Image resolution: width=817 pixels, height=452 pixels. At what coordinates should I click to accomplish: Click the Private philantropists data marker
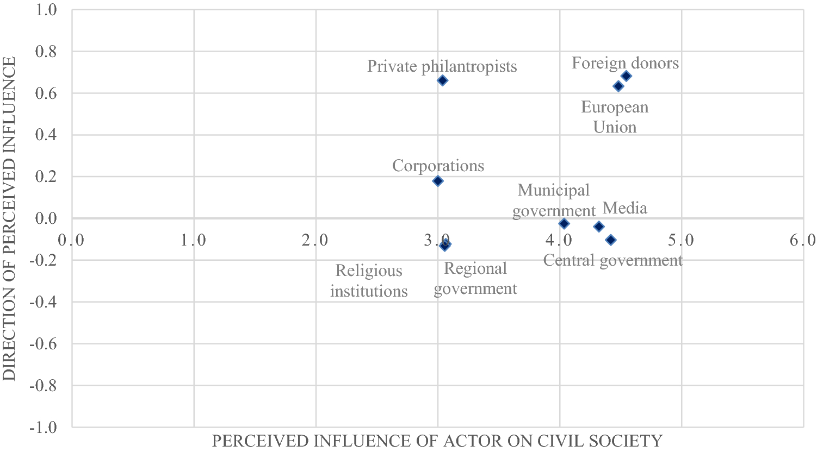(442, 80)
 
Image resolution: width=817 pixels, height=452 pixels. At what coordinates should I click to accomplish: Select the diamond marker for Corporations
(438, 181)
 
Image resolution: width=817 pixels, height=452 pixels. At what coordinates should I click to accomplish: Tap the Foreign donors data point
(626, 76)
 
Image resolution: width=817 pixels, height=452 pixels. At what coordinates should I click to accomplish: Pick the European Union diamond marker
(618, 86)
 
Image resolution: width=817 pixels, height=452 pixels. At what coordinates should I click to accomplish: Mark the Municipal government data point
(564, 223)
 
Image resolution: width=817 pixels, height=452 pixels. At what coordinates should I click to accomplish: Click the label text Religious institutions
(369, 281)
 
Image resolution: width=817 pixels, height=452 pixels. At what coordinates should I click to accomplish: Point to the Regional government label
(475, 279)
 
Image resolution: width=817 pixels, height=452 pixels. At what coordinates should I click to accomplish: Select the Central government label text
(613, 260)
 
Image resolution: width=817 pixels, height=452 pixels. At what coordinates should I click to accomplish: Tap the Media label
(625, 208)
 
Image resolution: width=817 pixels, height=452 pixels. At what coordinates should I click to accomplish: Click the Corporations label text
(438, 166)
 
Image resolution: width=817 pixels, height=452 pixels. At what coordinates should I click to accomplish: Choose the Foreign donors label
(625, 63)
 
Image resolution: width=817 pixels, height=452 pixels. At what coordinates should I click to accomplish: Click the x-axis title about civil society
(437, 441)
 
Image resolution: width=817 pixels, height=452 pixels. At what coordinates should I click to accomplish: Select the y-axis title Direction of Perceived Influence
(9, 218)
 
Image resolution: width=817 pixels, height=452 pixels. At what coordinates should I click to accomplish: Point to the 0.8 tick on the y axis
(46, 52)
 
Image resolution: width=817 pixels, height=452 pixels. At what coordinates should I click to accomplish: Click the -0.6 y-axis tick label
(44, 344)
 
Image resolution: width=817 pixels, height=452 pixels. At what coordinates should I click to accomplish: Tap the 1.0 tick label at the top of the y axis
(46, 10)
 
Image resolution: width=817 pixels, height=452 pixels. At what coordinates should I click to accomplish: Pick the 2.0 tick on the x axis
(315, 240)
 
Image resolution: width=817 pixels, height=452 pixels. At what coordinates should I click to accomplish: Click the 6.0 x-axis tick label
(803, 240)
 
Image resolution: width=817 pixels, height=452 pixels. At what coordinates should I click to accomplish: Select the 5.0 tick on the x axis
(681, 240)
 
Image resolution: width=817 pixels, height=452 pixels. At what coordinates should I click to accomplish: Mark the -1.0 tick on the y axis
(44, 428)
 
